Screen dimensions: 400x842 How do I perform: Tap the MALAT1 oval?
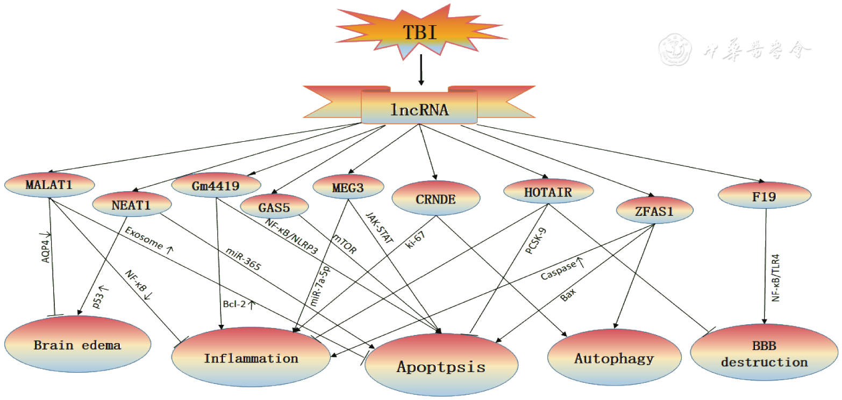point(49,185)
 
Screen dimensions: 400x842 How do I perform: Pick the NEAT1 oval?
point(132,203)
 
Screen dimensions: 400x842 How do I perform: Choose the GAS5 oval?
point(274,206)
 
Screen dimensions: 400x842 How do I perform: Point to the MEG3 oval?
point(348,187)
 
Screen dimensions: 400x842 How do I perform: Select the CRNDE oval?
point(436,200)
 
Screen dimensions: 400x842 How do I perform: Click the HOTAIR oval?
point(548,191)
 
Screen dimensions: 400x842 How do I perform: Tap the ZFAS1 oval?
point(653,211)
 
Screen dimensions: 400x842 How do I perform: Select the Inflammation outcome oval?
point(251,358)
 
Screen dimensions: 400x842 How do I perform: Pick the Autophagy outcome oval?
point(614,358)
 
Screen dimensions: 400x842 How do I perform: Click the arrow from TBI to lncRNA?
point(421,69)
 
